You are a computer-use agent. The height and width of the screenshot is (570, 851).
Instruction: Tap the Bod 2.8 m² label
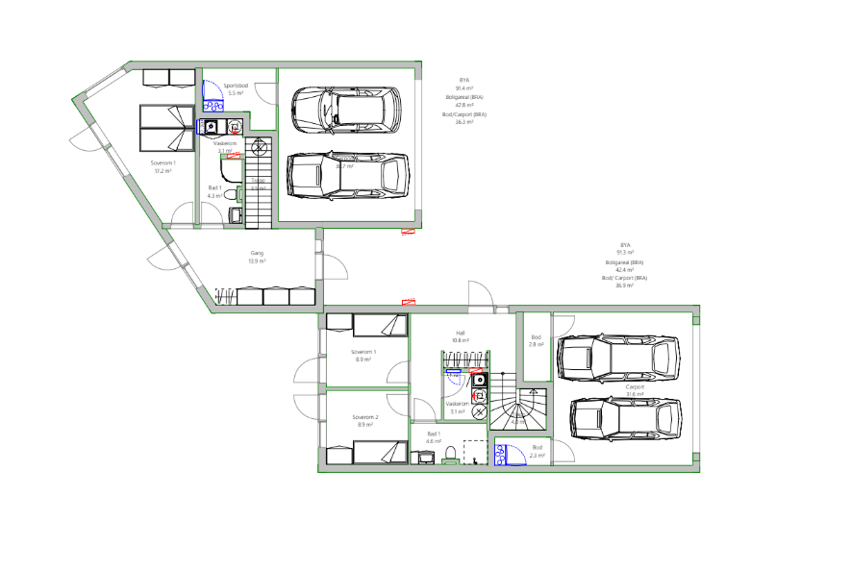coord(536,340)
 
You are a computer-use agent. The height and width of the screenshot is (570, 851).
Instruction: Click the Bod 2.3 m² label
coord(538,451)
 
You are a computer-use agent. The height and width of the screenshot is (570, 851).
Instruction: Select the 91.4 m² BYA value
coord(464,88)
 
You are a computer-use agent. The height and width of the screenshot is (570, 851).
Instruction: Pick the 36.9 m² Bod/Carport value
coord(625,285)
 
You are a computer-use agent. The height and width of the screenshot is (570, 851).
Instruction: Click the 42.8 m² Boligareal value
coord(464,105)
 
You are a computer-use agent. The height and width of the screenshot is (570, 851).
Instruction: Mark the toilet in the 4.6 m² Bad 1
coord(449,454)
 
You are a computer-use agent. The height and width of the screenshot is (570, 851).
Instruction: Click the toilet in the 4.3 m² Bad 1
coord(229,194)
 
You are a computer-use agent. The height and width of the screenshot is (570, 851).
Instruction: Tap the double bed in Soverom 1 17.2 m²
coord(167,128)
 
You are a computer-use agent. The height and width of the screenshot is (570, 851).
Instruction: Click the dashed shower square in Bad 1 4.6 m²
coord(476,452)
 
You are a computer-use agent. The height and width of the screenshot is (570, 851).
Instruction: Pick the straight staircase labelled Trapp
coord(259,183)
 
